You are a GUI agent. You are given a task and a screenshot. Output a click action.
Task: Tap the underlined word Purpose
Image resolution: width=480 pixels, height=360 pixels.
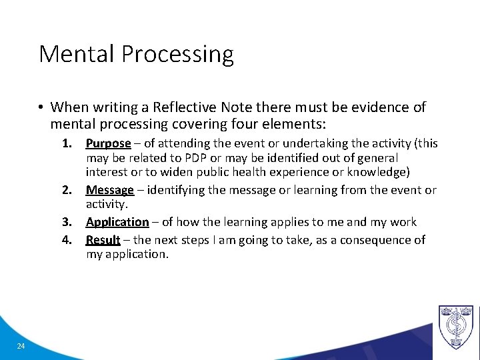coord(108,143)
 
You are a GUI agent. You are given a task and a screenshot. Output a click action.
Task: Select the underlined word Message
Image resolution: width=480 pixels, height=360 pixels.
coord(110,191)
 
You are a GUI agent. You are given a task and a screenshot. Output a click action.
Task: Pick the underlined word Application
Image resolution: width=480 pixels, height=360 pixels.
coord(117,222)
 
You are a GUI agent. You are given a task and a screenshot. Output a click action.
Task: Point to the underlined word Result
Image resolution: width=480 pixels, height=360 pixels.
coord(103,240)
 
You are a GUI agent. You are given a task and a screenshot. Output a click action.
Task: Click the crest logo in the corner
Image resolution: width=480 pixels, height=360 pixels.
coord(455,327)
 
